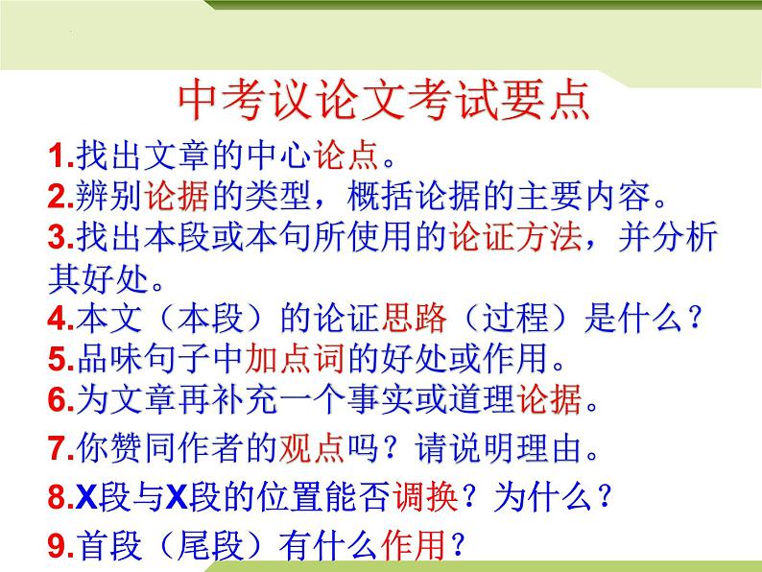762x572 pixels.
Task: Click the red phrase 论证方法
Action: (513, 239)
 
